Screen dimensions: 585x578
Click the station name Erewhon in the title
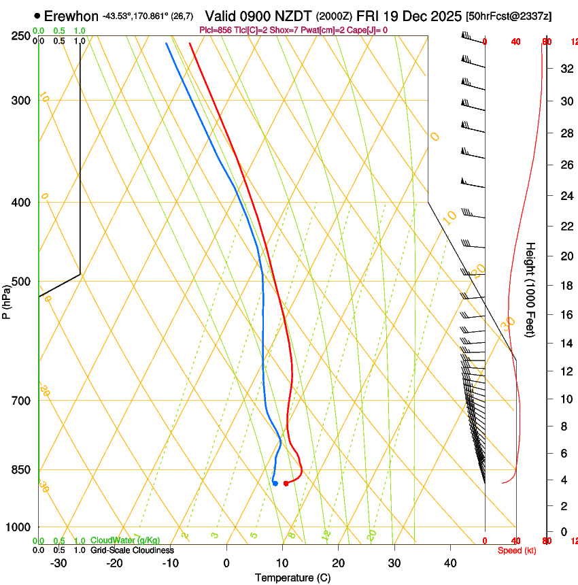point(72,16)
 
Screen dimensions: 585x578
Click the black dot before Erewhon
point(37,16)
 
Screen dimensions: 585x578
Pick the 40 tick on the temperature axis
point(450,563)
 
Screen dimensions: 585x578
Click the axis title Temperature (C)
point(292,578)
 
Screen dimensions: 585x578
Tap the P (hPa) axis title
point(6,299)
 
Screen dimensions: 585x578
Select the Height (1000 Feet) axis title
point(531,289)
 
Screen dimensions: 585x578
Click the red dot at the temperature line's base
point(286,484)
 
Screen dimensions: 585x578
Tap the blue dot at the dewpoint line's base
point(275,484)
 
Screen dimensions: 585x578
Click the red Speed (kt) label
point(517,550)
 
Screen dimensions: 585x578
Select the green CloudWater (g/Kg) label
point(125,540)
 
